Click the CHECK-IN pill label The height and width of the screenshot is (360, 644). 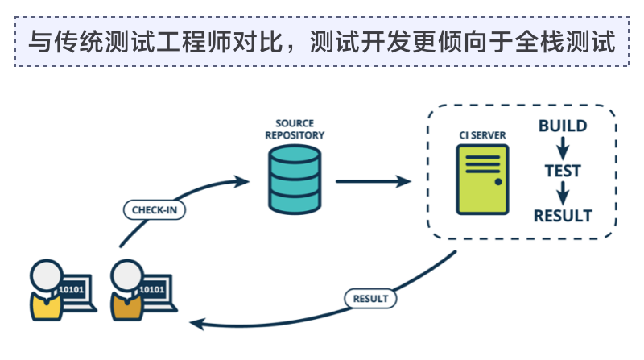155,210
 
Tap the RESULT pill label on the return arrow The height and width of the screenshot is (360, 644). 370,298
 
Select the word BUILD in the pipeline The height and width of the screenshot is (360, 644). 563,126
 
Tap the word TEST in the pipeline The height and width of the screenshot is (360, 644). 563,171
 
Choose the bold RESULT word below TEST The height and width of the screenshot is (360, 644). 563,216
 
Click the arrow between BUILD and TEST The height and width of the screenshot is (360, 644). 563,149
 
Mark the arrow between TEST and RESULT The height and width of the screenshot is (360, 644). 563,193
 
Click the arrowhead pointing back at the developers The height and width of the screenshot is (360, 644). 195,323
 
